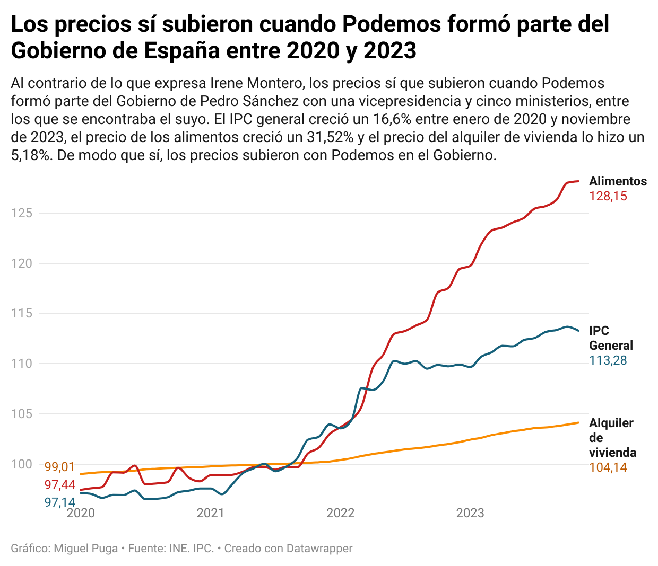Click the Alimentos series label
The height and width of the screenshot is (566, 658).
pyautogui.click(x=618, y=181)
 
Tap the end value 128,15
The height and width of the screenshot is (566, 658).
pyautogui.click(x=608, y=196)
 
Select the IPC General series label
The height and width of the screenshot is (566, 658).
pyautogui.click(x=611, y=338)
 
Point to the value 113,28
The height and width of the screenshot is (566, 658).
pyautogui.click(x=608, y=360)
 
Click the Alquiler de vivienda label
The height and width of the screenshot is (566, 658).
pyautogui.click(x=612, y=437)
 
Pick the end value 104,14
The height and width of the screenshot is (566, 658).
pyautogui.click(x=608, y=467)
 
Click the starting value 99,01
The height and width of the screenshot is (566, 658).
pyautogui.click(x=59, y=467)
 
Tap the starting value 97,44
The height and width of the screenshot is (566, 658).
pyautogui.click(x=59, y=485)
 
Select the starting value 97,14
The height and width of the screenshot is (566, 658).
pyautogui.click(x=59, y=502)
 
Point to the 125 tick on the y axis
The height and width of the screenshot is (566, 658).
pyautogui.click(x=22, y=213)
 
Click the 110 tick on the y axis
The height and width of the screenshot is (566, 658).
pyautogui.click(x=22, y=364)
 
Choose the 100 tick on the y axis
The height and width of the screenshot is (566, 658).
pyautogui.click(x=22, y=464)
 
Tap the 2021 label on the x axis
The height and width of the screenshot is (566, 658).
pyautogui.click(x=210, y=513)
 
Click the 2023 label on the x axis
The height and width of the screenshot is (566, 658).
pyautogui.click(x=470, y=513)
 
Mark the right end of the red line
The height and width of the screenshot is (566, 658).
pyautogui.click(x=578, y=181)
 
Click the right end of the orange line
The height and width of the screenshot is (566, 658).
pyautogui.click(x=578, y=422)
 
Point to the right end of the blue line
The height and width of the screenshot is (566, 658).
pyautogui.click(x=578, y=331)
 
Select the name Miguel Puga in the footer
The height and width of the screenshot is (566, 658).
pyautogui.click(x=86, y=548)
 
